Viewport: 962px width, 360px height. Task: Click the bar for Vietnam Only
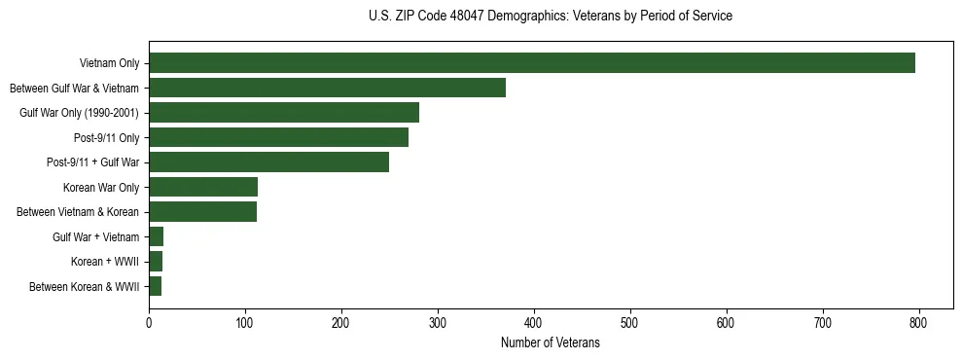pyautogui.click(x=532, y=63)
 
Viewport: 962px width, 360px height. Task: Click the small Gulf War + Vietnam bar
pyautogui.click(x=156, y=236)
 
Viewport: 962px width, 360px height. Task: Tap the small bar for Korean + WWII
pyautogui.click(x=156, y=262)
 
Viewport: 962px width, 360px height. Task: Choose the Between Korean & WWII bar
pyautogui.click(x=155, y=286)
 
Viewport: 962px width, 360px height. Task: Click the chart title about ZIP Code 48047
pyautogui.click(x=551, y=17)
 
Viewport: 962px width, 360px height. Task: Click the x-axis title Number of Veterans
pyautogui.click(x=551, y=343)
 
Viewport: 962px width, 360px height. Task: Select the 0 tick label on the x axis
pyautogui.click(x=149, y=323)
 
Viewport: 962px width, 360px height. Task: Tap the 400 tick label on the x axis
pyautogui.click(x=534, y=323)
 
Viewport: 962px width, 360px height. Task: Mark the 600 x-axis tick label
pyautogui.click(x=727, y=323)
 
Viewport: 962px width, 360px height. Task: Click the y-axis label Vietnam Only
pyautogui.click(x=109, y=64)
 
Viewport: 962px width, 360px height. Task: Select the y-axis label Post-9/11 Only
pyautogui.click(x=107, y=138)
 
